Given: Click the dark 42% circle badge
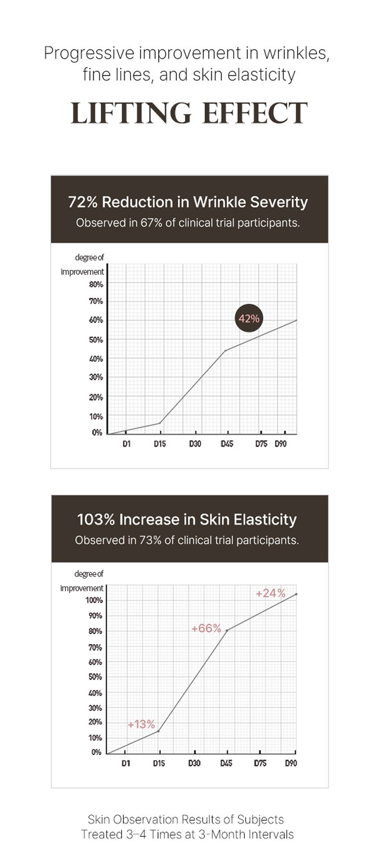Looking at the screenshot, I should [249, 318].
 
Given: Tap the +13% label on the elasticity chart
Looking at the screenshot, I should [141, 724].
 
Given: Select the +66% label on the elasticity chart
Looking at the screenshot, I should [206, 628].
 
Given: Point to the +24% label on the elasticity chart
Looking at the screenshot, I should [270, 593].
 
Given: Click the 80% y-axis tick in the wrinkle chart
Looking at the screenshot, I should [96, 284].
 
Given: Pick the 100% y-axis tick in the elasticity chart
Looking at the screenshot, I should [94, 600].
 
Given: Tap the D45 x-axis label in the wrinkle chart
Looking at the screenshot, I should [227, 444].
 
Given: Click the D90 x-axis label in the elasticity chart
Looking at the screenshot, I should [291, 763].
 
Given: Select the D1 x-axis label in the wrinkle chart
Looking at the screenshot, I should [126, 444].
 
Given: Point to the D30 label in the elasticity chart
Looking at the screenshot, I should [194, 763].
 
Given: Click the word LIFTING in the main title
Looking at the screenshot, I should [130, 114].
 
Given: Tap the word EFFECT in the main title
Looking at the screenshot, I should [254, 114].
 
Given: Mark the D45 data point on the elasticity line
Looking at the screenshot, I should [227, 630].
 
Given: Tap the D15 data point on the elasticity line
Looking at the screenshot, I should [158, 731].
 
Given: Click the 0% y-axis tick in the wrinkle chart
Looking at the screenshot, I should [97, 432].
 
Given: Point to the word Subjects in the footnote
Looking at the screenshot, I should [261, 819].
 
